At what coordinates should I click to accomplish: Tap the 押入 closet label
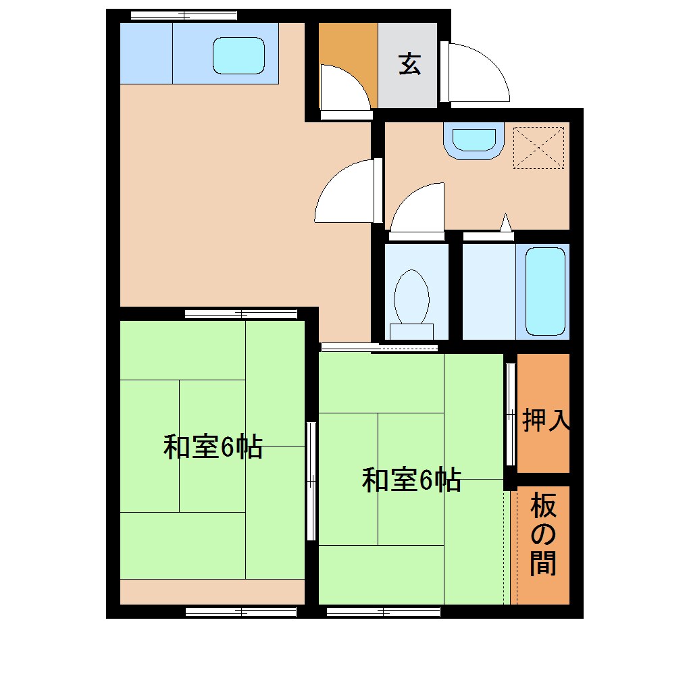(x=546, y=420)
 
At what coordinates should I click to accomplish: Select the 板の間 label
(x=543, y=534)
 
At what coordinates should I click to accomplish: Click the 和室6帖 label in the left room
(x=212, y=447)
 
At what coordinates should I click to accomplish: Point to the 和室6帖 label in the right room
(x=411, y=480)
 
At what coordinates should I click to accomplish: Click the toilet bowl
(x=411, y=297)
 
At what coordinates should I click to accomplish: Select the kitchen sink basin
(x=238, y=55)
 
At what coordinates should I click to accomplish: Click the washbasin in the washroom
(x=474, y=140)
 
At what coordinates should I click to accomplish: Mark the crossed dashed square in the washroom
(x=538, y=147)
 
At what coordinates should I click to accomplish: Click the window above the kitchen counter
(x=184, y=15)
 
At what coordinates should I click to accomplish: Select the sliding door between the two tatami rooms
(x=311, y=481)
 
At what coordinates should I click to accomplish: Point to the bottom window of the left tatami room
(x=241, y=611)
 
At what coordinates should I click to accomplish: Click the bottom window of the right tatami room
(x=383, y=611)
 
